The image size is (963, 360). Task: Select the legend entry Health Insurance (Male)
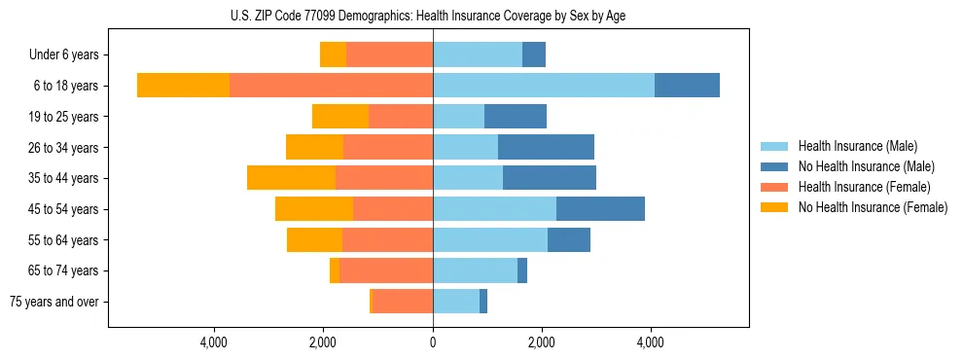click(x=856, y=146)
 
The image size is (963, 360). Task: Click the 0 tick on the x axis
click(x=433, y=342)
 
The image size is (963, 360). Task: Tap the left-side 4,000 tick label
click(x=214, y=342)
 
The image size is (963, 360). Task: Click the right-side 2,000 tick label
click(x=542, y=342)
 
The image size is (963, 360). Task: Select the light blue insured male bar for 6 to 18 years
click(x=544, y=86)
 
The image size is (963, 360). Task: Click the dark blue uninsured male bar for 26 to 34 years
click(x=546, y=147)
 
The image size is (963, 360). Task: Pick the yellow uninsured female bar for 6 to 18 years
click(x=183, y=86)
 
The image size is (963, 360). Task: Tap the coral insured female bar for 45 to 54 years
click(x=393, y=208)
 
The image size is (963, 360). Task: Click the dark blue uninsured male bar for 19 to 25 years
click(x=516, y=117)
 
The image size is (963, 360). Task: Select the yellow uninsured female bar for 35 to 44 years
click(x=291, y=178)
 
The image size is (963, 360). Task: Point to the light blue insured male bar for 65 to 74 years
click(x=475, y=270)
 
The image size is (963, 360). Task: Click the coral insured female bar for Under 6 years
click(x=389, y=55)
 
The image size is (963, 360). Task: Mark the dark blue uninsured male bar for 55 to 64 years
click(x=569, y=239)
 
